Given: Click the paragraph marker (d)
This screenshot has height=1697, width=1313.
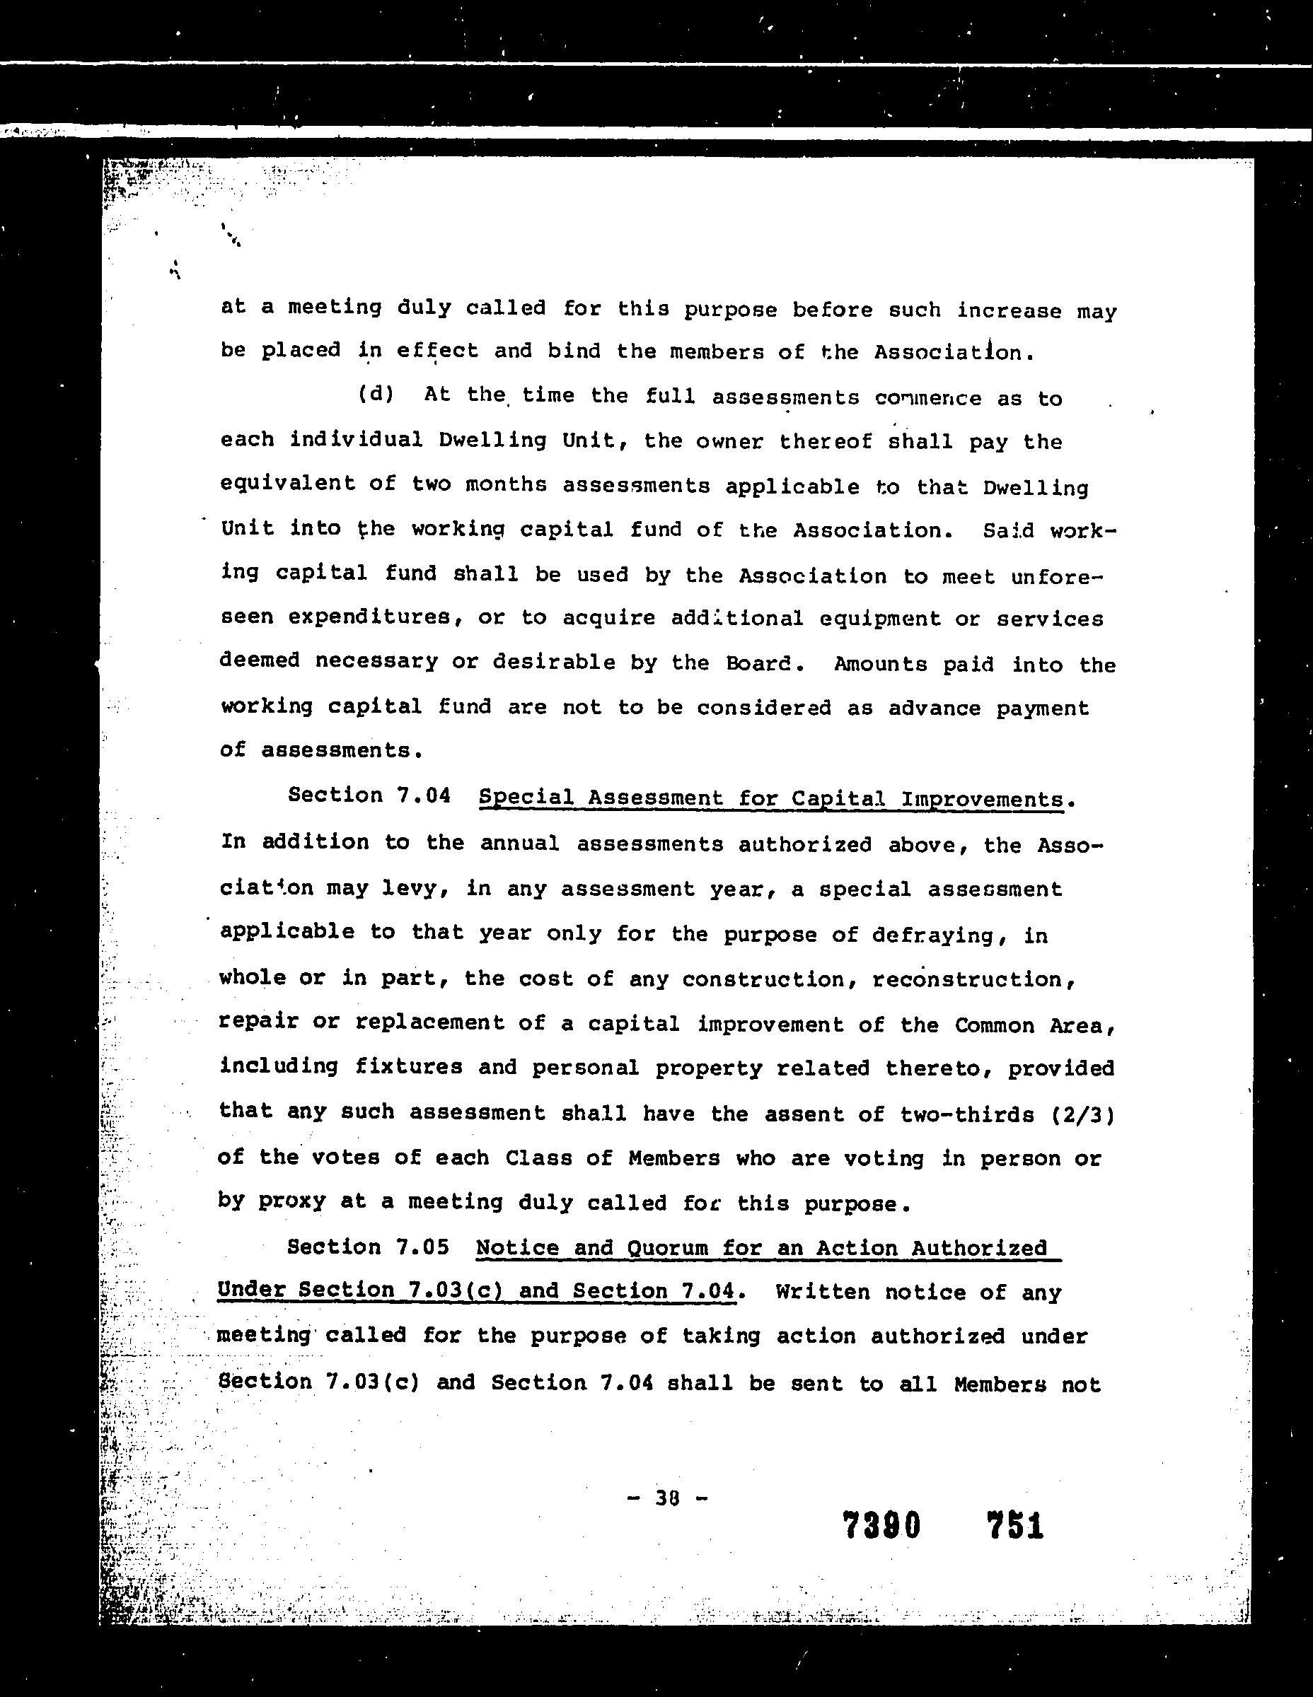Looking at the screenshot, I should point(376,395).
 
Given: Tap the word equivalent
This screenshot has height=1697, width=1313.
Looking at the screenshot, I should point(288,484).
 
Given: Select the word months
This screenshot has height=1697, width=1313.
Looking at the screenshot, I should point(508,485).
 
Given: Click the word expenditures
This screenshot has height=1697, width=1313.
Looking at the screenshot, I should point(371,618).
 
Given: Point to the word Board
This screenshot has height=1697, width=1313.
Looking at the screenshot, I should point(761,663).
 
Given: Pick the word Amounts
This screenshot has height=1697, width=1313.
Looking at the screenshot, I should point(881,665).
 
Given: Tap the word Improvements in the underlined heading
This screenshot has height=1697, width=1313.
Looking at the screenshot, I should point(982,800).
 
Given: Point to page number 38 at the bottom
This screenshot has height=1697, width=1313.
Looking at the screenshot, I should point(668,1498).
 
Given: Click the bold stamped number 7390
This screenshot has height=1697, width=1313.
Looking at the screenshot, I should point(881,1525).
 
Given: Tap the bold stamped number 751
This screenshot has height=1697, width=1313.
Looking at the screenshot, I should point(1014,1525).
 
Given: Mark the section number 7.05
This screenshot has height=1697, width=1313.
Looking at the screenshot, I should point(422,1247).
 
